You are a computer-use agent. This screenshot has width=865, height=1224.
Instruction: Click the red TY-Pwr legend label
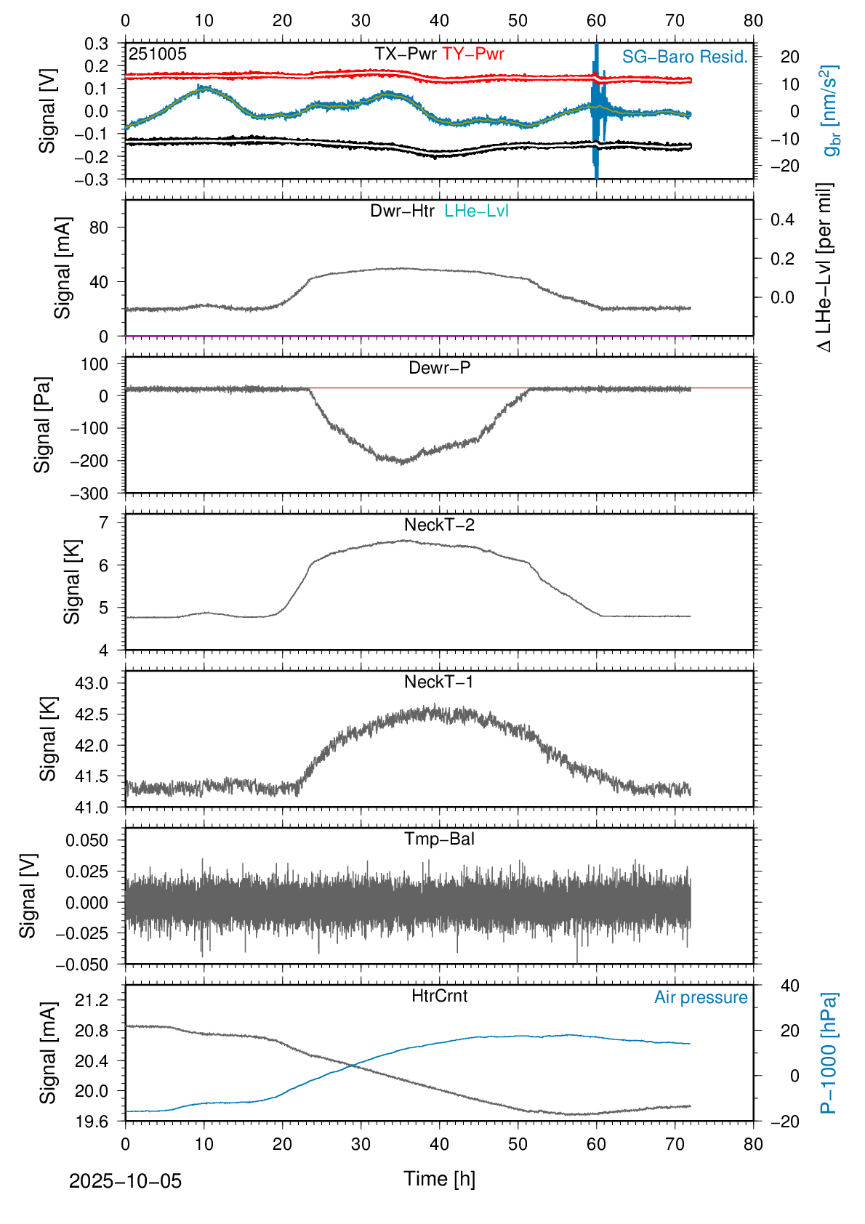pyautogui.click(x=473, y=54)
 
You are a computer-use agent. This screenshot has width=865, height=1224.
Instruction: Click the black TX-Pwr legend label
pyautogui.click(x=406, y=54)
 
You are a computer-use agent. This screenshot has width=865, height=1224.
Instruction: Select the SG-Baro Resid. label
pyautogui.click(x=685, y=57)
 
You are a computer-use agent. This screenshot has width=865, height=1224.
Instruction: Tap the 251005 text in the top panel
pyautogui.click(x=158, y=54)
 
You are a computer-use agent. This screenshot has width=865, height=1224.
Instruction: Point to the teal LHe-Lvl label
pyautogui.click(x=477, y=211)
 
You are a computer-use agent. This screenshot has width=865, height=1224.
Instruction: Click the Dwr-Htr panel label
pyautogui.click(x=402, y=211)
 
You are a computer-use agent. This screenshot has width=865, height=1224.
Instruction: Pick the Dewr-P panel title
pyautogui.click(x=439, y=368)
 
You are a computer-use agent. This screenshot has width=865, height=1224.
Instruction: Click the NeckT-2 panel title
pyautogui.click(x=439, y=525)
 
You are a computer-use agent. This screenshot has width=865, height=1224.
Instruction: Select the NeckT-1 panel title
pyautogui.click(x=439, y=682)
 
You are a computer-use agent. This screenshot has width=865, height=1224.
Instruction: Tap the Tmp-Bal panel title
pyautogui.click(x=439, y=839)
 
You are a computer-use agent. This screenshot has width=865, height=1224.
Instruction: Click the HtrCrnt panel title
pyautogui.click(x=439, y=996)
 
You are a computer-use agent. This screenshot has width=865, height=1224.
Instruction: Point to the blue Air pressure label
pyautogui.click(x=701, y=997)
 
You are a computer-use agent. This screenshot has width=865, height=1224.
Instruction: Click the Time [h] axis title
pyautogui.click(x=439, y=1178)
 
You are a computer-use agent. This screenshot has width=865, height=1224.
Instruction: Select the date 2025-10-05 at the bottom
pyautogui.click(x=125, y=1181)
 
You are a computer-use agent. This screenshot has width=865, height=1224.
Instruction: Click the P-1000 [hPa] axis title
pyautogui.click(x=829, y=1052)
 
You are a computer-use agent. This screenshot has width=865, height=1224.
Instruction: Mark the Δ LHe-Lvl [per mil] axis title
pyautogui.click(x=824, y=267)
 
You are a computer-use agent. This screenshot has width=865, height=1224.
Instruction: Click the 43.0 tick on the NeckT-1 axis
pyautogui.click(x=92, y=683)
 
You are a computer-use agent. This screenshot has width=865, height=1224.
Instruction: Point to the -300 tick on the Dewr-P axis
pyautogui.click(x=89, y=494)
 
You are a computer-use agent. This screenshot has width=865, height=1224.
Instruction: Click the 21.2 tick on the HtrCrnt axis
pyautogui.click(x=92, y=1000)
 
